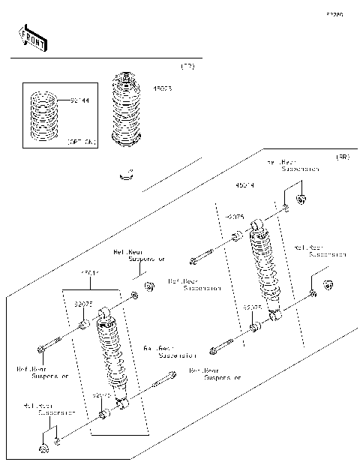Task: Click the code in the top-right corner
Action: point(334,14)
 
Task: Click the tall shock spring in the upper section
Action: point(127,109)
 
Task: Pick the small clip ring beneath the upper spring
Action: point(127,176)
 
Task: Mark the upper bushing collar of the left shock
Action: point(85,325)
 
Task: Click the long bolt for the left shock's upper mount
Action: point(52,346)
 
